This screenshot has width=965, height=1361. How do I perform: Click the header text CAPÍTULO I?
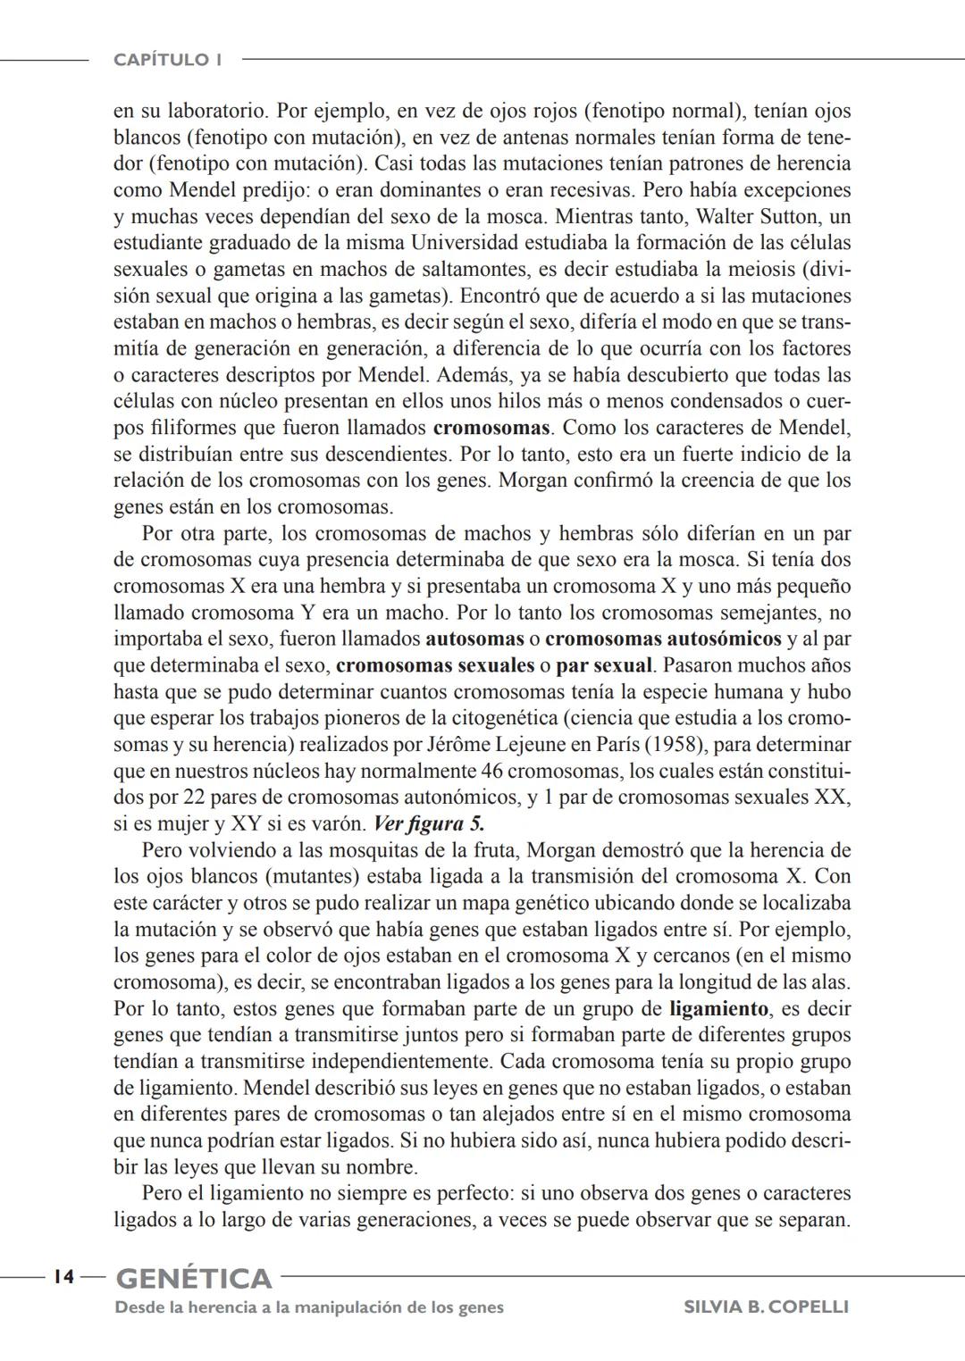pos(167,60)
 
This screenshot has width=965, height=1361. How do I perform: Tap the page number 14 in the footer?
pos(63,1277)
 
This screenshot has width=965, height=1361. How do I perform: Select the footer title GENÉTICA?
pos(194,1278)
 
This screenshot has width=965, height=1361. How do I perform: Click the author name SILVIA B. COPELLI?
pos(766,1307)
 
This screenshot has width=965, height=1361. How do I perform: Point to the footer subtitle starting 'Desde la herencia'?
pos(309,1307)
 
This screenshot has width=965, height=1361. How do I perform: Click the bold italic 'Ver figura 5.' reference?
pos(428,823)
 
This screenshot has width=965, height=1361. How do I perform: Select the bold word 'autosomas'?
pos(474,639)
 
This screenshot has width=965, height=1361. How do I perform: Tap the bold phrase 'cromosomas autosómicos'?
pos(663,639)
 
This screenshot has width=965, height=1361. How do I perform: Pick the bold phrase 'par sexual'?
pos(604,665)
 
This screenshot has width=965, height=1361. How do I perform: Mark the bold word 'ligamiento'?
pos(718,1008)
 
